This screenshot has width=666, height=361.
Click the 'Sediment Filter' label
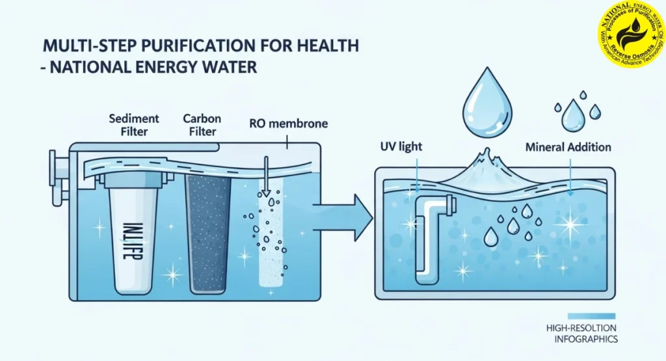click(134, 124)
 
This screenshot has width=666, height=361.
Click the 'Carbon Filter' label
click(202, 124)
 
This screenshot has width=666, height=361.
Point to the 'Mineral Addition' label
click(568, 148)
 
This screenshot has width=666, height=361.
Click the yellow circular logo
click(632, 33)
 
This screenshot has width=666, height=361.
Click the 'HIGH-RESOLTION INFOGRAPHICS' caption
click(582, 334)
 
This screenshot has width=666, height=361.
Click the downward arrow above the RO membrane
click(265, 176)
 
